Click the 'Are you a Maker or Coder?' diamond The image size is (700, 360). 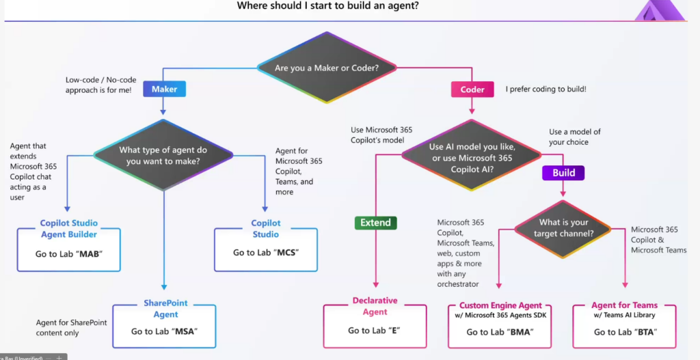click(327, 68)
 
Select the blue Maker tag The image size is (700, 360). click(164, 89)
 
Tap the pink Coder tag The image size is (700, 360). click(472, 89)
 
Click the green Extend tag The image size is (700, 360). click(375, 223)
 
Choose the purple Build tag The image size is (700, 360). click(564, 173)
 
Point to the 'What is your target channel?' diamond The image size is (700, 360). click(563, 228)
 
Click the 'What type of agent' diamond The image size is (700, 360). click(163, 155)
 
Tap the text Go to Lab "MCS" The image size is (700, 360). click(266, 253)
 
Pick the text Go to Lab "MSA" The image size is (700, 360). click(164, 331)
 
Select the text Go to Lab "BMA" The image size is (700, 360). click(500, 332)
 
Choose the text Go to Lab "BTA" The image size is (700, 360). click(625, 332)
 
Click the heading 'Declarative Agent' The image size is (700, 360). click(375, 306)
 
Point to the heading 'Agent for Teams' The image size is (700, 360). click(625, 305)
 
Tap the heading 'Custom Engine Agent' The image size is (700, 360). click(500, 305)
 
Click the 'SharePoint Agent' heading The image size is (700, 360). click(165, 309)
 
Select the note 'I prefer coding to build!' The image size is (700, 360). click(546, 89)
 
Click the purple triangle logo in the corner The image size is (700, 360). click(660, 11)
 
